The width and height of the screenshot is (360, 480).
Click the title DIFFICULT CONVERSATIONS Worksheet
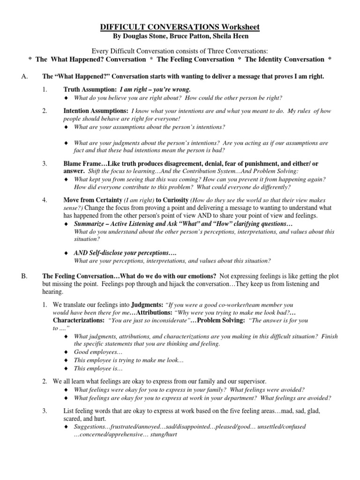180,27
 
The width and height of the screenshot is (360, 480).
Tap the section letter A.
25,76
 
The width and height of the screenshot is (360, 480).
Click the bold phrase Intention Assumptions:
96,111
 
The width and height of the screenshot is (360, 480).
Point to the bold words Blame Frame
81,164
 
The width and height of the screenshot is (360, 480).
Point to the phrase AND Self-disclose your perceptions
125,253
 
